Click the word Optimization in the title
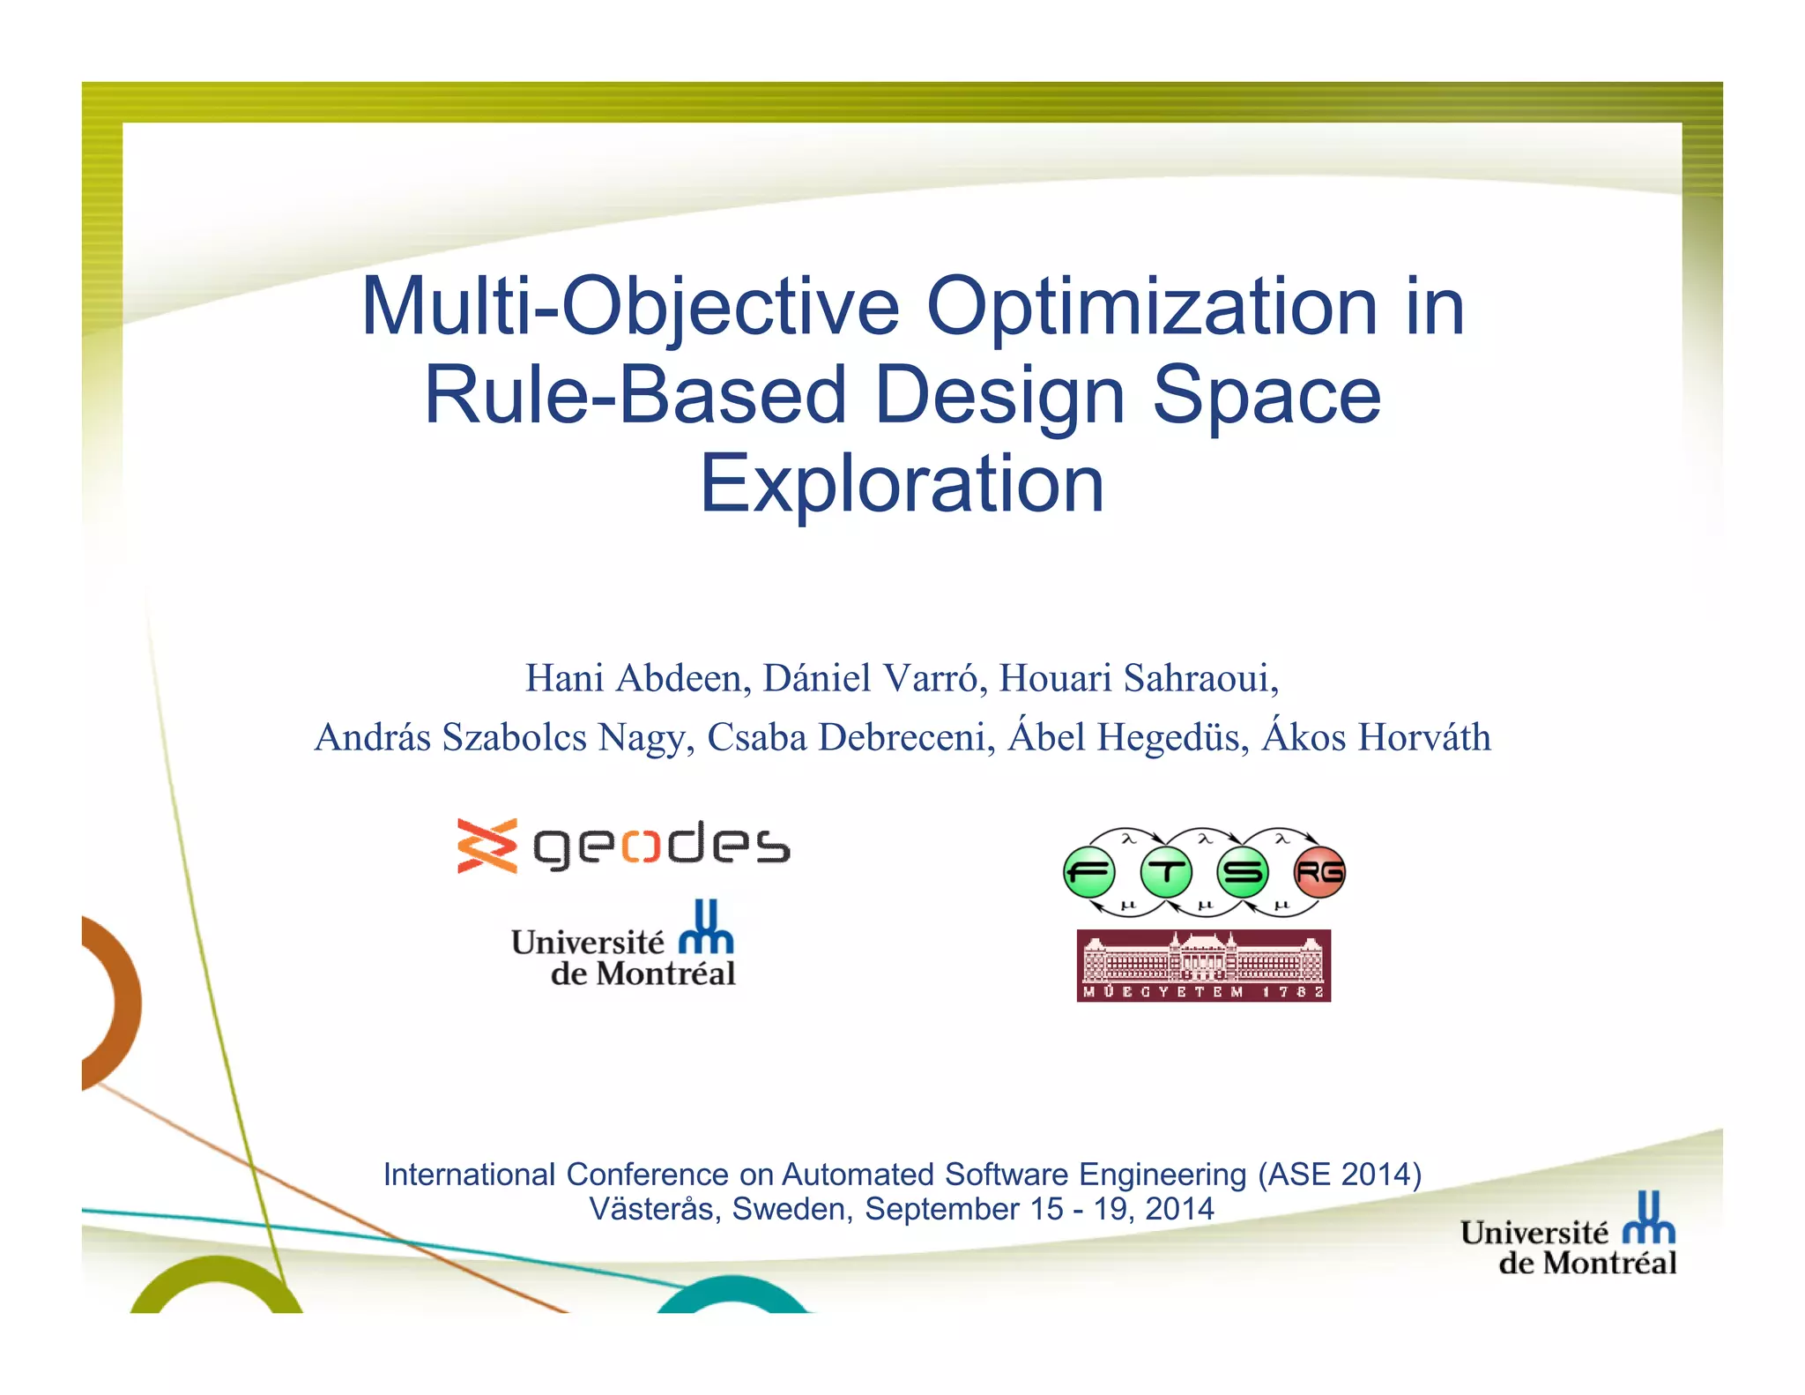tap(1151, 308)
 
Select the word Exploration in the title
tap(902, 483)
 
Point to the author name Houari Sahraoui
tap(1138, 678)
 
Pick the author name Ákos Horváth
tap(1376, 737)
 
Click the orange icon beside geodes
tap(487, 846)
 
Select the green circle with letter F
tap(1089, 872)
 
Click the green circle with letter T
tap(1166, 872)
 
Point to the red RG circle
tap(1319, 872)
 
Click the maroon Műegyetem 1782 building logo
tap(1203, 966)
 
